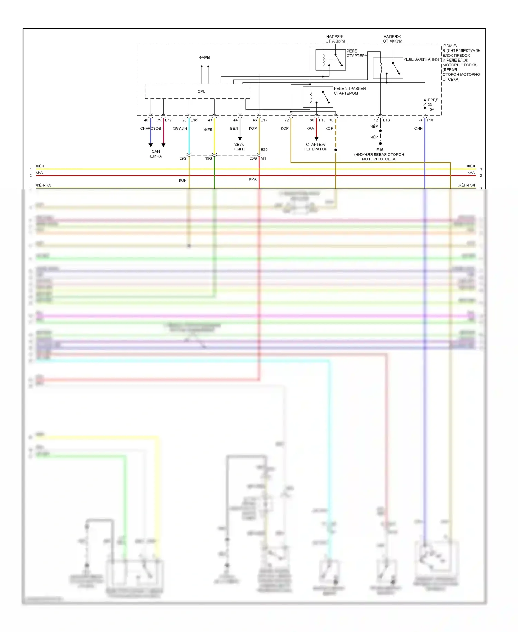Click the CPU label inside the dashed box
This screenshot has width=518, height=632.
pos(201,91)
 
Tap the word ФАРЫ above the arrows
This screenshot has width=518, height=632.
pos(204,58)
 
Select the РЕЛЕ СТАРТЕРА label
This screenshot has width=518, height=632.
pos(357,53)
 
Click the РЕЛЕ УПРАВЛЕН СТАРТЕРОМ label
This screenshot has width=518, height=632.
pos(349,91)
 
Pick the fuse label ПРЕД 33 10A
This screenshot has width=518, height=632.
pos(432,104)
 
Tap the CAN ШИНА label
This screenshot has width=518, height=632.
pos(156,154)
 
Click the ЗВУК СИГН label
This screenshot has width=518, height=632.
pos(239,147)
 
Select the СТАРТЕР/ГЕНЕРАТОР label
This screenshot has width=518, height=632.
pos(316,147)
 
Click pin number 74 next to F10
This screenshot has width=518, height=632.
pos(420,120)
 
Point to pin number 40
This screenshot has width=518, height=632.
pos(146,120)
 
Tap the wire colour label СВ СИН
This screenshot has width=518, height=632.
pos(180,129)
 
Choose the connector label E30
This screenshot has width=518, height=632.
pos(264,150)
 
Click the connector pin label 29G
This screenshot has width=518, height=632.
pos(183,159)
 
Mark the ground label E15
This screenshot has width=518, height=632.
pos(380,150)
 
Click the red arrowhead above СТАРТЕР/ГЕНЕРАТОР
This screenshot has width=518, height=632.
pos(316,139)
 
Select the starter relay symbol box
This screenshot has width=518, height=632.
pos(330,60)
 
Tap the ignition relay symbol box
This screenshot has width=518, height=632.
pos(388,68)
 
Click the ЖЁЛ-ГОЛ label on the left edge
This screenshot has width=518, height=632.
pos(44,185)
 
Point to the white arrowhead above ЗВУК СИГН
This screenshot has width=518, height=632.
pos(240,139)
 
